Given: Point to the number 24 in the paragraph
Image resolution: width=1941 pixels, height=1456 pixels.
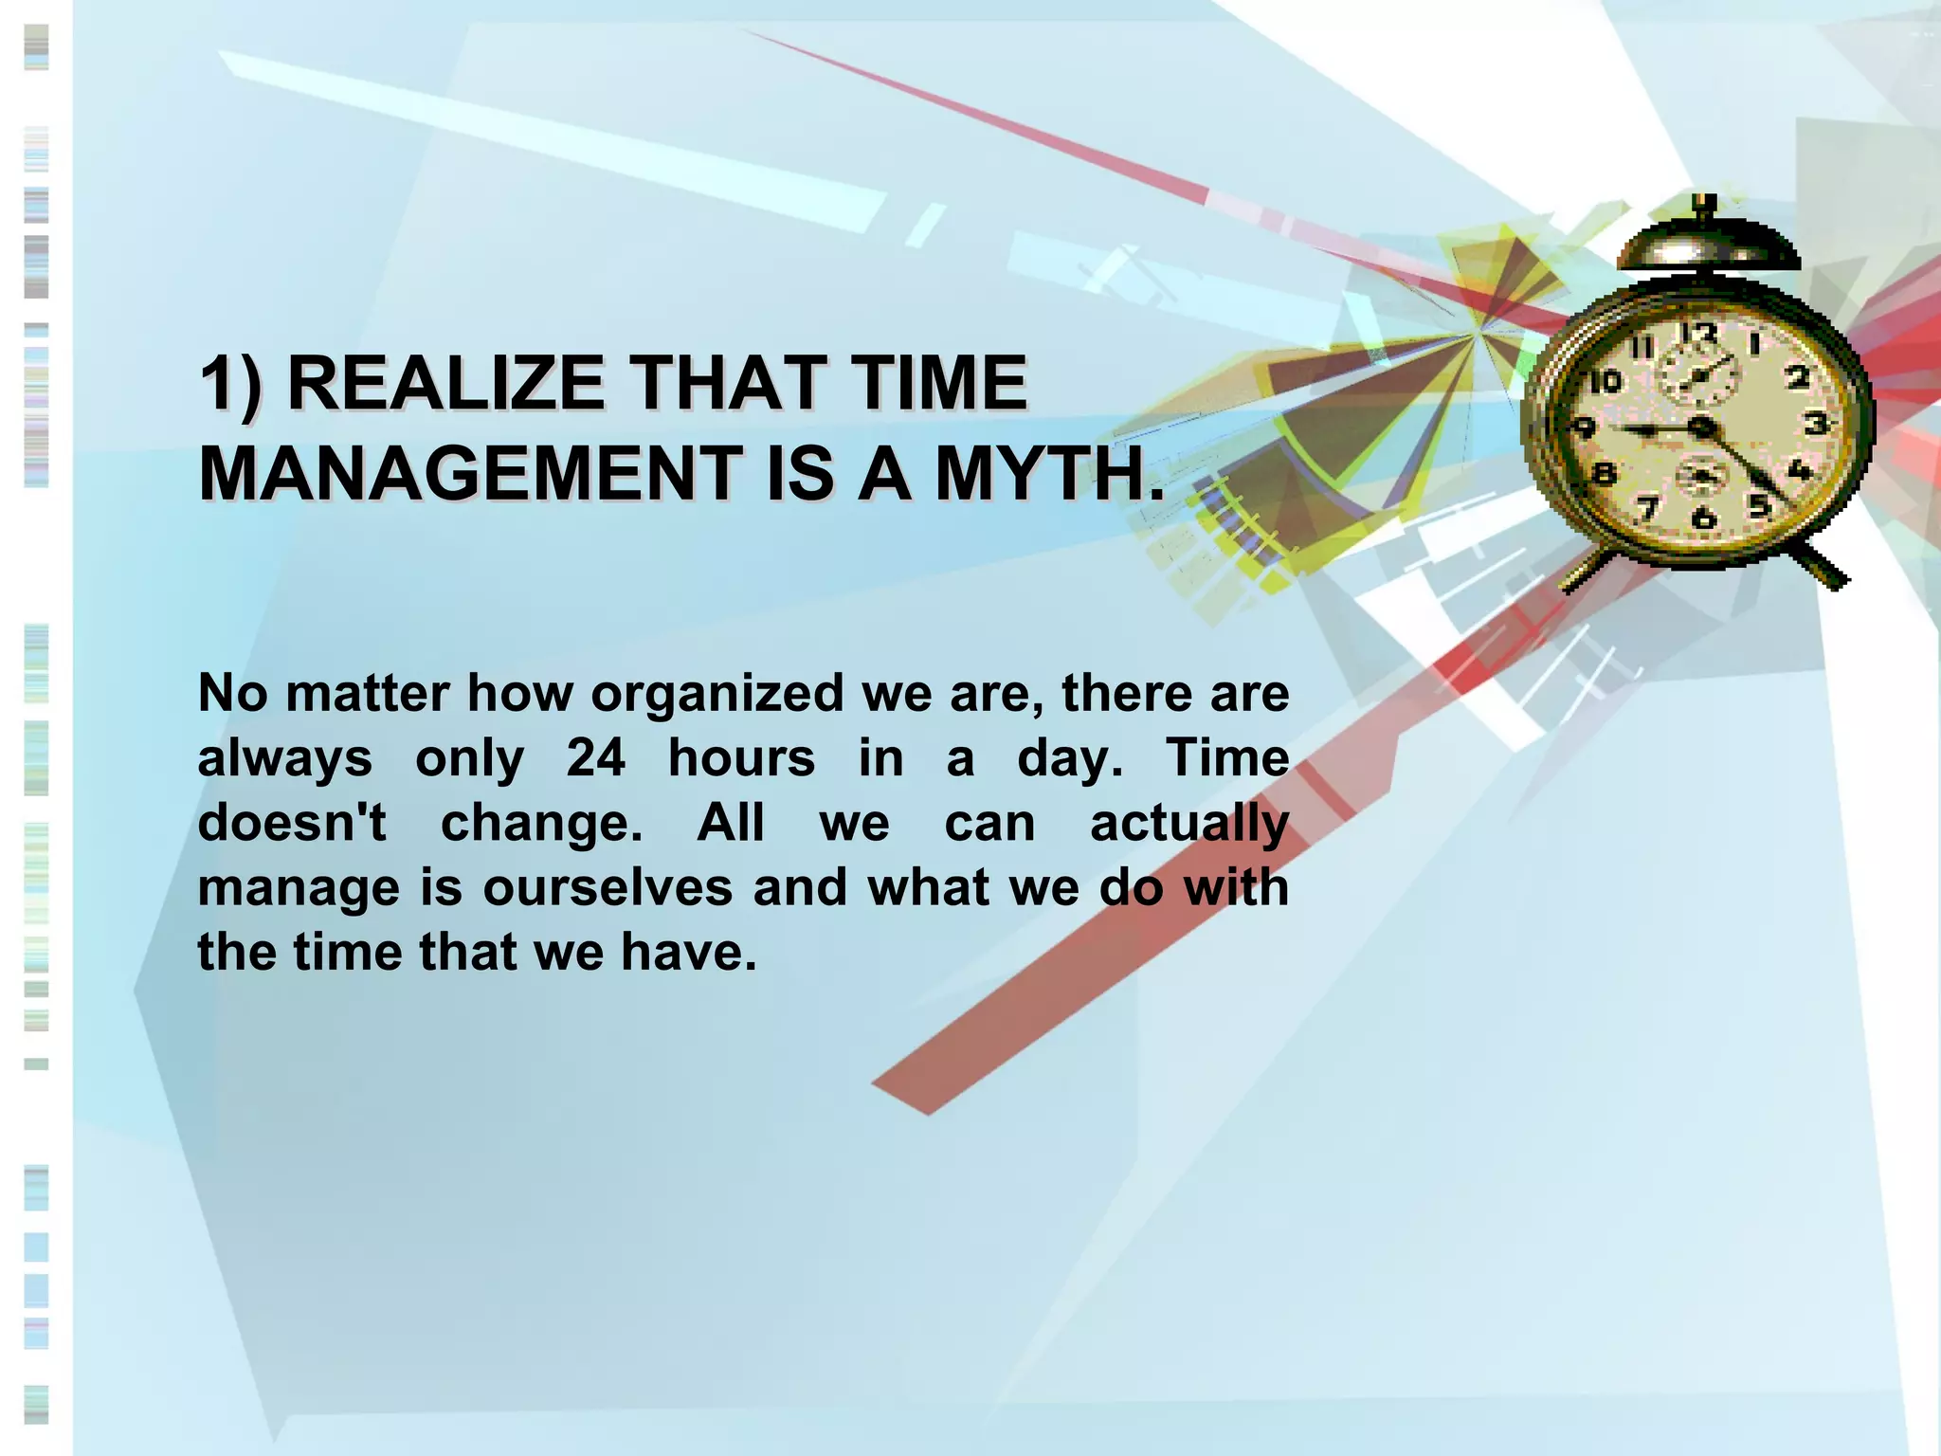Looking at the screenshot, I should pos(596,758).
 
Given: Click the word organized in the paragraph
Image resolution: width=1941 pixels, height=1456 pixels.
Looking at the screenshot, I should pos(717,694).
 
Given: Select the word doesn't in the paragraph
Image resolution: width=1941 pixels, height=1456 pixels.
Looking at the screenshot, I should pos(292,823).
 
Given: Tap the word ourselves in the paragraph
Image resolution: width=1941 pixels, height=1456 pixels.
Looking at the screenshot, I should pos(608,887).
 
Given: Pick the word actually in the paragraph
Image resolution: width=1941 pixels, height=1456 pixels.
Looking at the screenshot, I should pos(1189,823).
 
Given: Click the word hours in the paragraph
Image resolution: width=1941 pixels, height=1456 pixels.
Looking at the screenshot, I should pos(741,758).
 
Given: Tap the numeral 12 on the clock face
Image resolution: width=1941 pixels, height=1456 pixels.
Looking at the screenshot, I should pos(1698,335).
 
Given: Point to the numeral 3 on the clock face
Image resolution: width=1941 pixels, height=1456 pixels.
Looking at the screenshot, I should pos(1816,423).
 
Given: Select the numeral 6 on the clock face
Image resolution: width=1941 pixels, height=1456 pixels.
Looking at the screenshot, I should pos(1703,518).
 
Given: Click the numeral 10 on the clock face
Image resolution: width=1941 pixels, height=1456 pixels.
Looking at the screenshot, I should pos(1605,382).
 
